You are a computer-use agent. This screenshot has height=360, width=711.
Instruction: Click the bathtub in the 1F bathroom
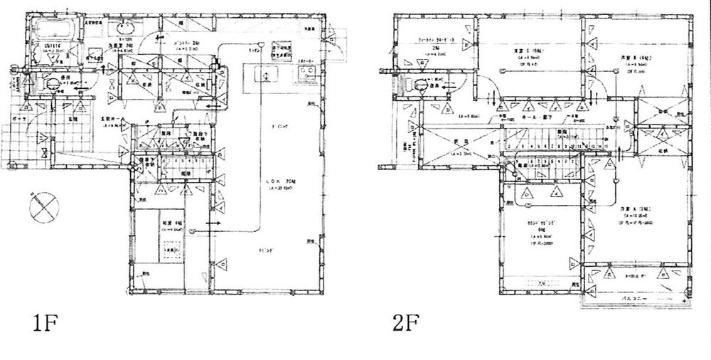[53, 32]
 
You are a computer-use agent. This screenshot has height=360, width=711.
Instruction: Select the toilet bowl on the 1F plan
[52, 83]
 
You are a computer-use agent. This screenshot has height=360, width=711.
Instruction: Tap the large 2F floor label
[405, 324]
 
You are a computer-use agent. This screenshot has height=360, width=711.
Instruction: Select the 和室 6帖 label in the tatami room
[171, 222]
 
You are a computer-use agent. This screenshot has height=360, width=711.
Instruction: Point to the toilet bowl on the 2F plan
[421, 85]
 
